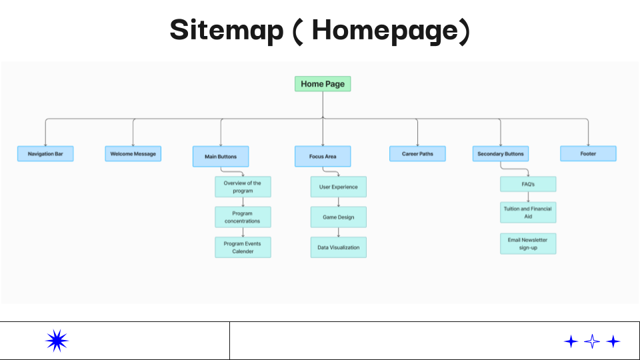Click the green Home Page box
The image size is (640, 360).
pyautogui.click(x=323, y=84)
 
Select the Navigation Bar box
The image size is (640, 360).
pyautogui.click(x=45, y=154)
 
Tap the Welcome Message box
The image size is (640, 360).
pyautogui.click(x=133, y=154)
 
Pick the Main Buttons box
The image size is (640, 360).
pyautogui.click(x=221, y=156)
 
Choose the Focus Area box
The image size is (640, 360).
pyautogui.click(x=323, y=156)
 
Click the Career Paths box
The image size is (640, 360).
pyautogui.click(x=417, y=154)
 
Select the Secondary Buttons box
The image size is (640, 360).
pyautogui.click(x=501, y=154)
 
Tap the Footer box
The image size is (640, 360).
pyautogui.click(x=588, y=154)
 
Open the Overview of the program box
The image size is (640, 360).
pyautogui.click(x=243, y=187)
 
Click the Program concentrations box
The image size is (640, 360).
pyautogui.click(x=243, y=217)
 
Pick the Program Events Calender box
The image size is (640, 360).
pyautogui.click(x=243, y=247)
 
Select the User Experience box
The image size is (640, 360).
pyautogui.click(x=339, y=187)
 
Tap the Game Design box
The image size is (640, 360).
pyautogui.click(x=339, y=217)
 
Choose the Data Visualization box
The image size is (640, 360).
pyautogui.click(x=339, y=247)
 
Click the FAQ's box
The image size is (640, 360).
pyautogui.click(x=528, y=184)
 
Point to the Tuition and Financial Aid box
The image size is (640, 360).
pyautogui.click(x=528, y=212)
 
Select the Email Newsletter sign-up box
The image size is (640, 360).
pyautogui.click(x=528, y=244)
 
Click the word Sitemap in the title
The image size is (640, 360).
pyautogui.click(x=227, y=31)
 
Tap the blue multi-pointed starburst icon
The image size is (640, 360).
pyautogui.click(x=57, y=341)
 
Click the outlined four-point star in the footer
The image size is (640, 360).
pyautogui.click(x=592, y=341)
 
